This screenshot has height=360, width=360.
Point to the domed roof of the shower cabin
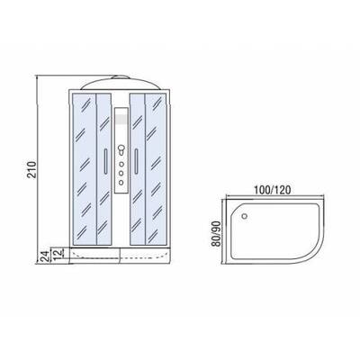pyautogui.click(x=122, y=81)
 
